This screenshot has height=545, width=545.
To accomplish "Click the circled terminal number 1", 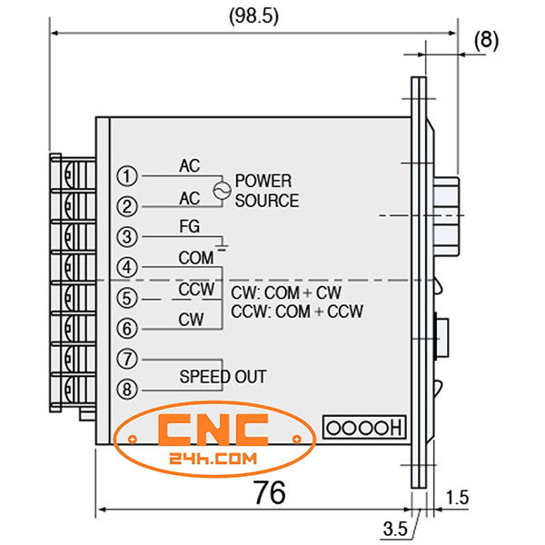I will [130, 175].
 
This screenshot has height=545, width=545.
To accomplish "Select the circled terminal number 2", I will [130, 206].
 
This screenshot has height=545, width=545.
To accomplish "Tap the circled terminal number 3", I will [130, 236].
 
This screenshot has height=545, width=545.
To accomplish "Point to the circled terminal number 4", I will [130, 267].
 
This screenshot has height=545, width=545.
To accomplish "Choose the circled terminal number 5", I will [130, 297].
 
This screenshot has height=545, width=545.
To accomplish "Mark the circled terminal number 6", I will [130, 328].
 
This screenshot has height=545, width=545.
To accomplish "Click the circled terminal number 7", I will [130, 359].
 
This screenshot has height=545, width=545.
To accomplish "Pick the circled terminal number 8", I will [130, 389].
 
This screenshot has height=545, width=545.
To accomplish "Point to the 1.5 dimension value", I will [460, 498].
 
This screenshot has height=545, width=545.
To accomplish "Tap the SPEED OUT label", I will [223, 375].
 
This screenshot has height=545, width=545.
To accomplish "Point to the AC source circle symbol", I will [218, 190].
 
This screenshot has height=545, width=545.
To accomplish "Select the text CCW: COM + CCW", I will [297, 312].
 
